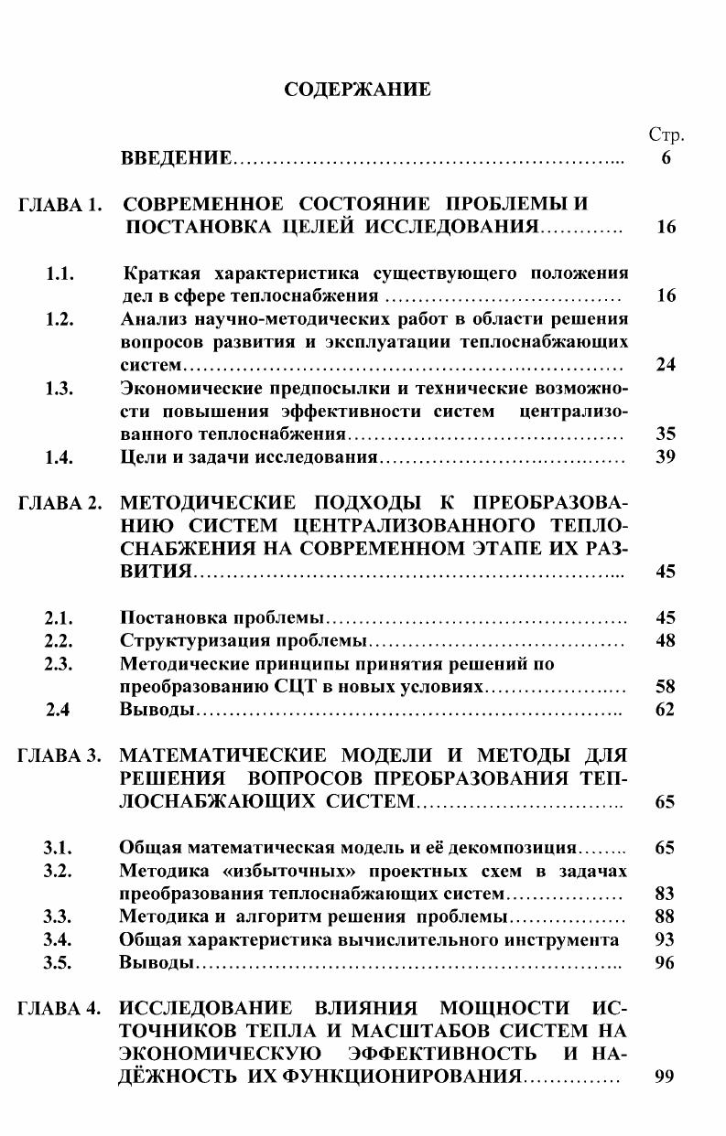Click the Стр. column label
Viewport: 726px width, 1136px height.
(666, 135)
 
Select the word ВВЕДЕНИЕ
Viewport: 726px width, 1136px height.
(176, 159)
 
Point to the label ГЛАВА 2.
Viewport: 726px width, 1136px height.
(59, 503)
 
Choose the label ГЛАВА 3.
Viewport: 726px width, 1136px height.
(59, 756)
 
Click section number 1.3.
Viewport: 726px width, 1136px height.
(60, 388)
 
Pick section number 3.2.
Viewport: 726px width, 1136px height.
(60, 870)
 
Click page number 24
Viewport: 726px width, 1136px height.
(666, 365)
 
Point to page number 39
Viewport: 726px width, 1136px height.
(666, 456)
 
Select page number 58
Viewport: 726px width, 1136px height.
(666, 686)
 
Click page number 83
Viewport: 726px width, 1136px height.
(666, 893)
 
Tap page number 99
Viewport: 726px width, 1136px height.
(666, 1077)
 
